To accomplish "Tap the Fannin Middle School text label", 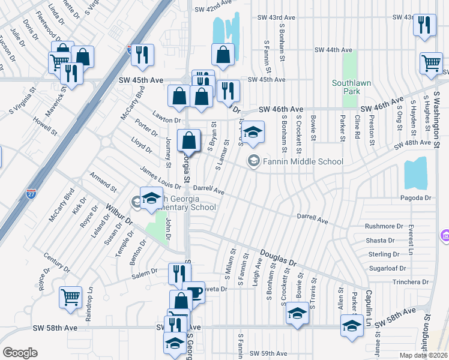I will point(303,161).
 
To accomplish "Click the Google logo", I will point(19,353).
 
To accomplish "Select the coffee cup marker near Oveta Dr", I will point(194,292).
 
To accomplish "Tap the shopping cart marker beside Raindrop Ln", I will point(70,297).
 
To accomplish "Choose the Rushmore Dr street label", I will point(384,226).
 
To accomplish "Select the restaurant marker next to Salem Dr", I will point(179,274).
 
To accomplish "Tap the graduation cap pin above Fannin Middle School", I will point(253,133).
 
